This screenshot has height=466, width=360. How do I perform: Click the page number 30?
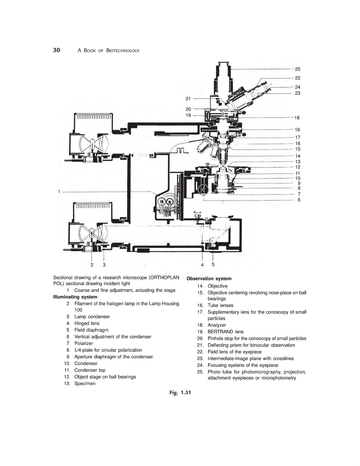point(56,50)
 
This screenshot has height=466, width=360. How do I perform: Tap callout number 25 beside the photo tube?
point(298,69)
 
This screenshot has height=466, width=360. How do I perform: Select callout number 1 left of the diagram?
point(59,192)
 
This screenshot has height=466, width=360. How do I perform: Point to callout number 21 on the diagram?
point(188,99)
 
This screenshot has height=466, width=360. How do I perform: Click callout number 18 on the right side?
point(297,118)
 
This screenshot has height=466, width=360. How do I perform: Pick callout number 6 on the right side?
point(299,200)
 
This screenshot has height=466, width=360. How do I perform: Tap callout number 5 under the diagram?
point(213,264)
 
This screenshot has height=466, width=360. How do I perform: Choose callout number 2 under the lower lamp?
point(92,265)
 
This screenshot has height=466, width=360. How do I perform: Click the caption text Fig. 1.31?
point(180,392)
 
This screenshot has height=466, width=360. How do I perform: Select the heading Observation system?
point(209,279)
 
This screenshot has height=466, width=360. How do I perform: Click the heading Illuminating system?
point(75,297)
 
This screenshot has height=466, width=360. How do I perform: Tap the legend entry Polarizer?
point(84,344)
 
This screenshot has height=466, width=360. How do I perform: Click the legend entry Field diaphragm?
point(91,330)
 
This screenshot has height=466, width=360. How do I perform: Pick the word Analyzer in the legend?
point(217,325)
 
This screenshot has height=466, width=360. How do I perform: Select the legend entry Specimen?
point(85,384)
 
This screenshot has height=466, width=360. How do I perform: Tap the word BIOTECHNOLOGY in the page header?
point(123,51)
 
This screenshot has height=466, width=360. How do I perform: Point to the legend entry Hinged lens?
point(87,323)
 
